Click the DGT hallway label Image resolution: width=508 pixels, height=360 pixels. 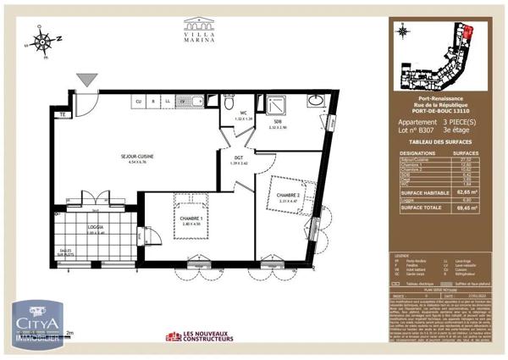click(x=240, y=158)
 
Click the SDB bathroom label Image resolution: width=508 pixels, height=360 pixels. click(x=276, y=124)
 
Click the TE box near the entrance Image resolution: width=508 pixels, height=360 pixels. click(x=62, y=114)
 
